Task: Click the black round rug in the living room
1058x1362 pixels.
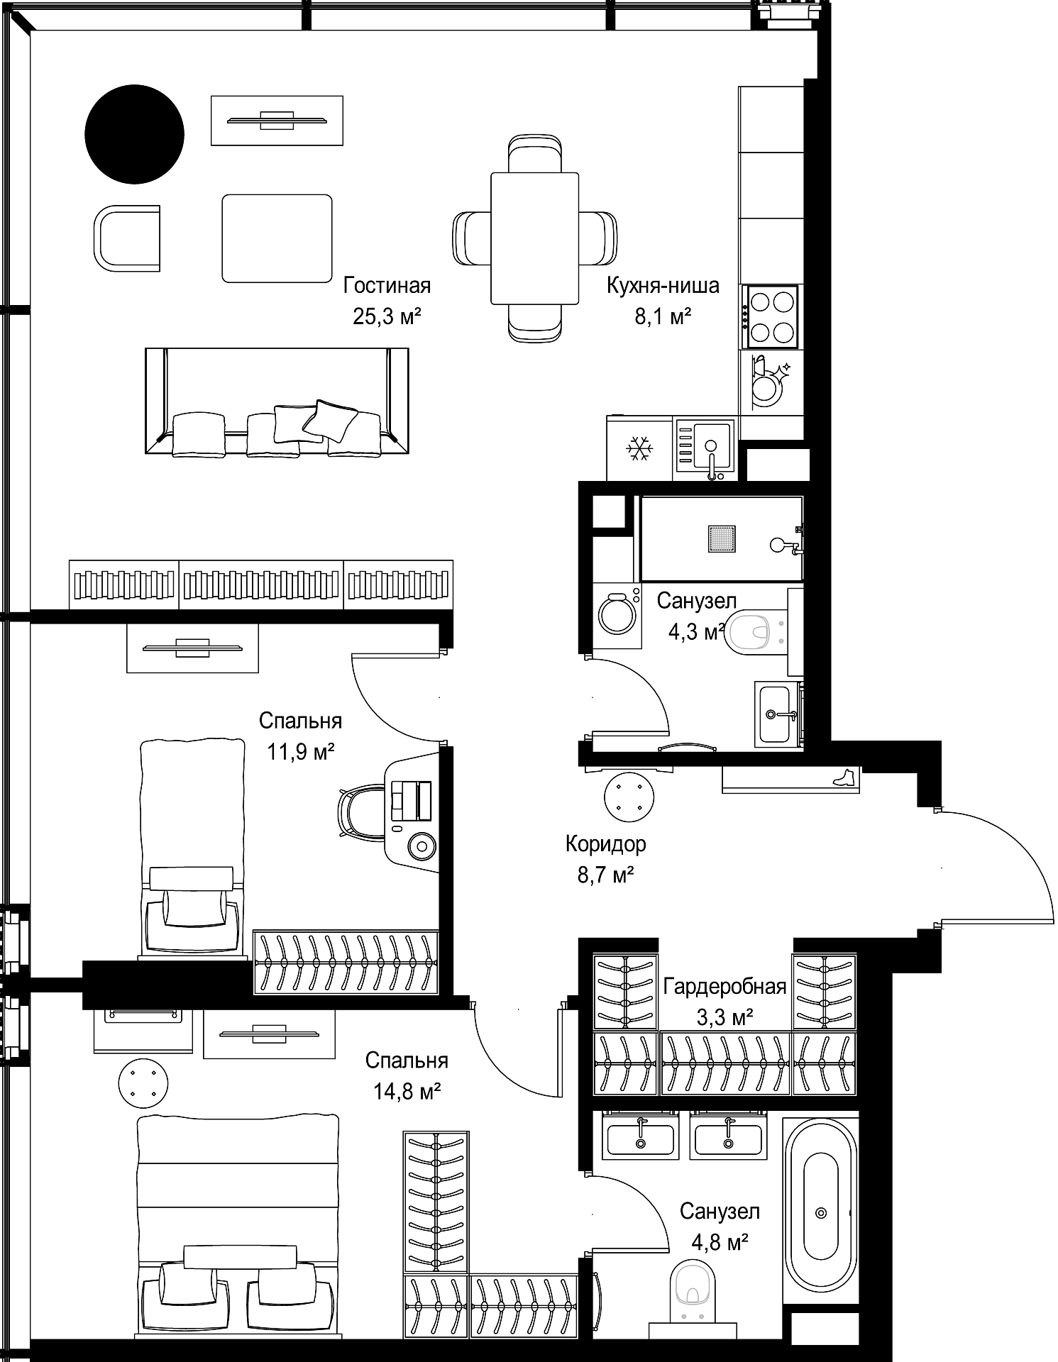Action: point(134,134)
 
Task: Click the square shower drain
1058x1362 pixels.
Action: point(721,539)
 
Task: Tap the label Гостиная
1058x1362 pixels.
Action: point(387,285)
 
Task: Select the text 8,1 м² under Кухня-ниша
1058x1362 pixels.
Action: point(663,316)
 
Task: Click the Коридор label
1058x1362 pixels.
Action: point(605,844)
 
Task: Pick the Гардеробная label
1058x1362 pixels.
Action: point(724,987)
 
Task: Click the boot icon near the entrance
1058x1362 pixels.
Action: point(844,777)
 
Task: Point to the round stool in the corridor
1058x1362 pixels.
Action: point(629,797)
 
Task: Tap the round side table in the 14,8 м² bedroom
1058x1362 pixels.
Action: point(143,1083)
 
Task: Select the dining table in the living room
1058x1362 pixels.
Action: point(534,238)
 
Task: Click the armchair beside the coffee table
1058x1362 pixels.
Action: point(126,238)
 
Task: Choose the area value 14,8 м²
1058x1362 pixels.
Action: point(407,1092)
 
